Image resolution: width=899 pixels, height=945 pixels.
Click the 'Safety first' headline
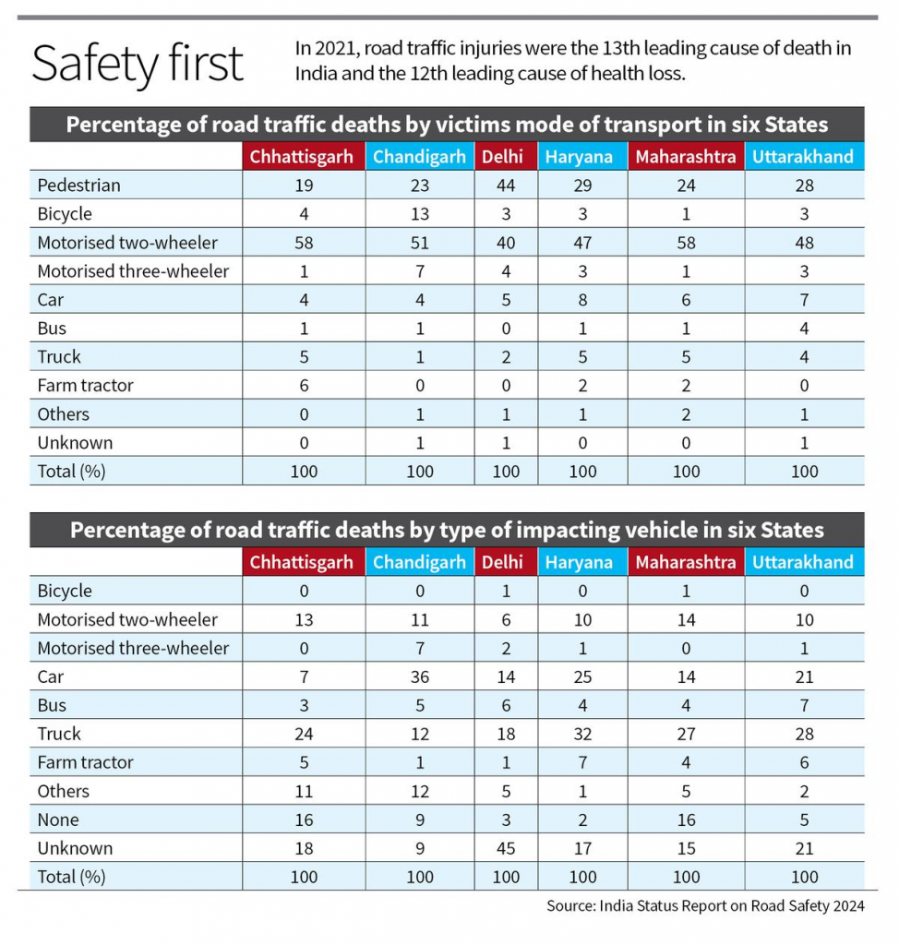138,64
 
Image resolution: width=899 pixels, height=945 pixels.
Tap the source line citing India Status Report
705,905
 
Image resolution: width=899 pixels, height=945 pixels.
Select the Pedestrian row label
79,185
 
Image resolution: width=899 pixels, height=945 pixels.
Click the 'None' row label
58,819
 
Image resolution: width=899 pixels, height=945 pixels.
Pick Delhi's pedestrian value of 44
506,185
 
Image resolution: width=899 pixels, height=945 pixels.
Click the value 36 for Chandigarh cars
420,676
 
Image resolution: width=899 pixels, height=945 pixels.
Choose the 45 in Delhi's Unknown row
506,848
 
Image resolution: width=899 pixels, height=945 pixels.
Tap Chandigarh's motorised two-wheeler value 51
420,243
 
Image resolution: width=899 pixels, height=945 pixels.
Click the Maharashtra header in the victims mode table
685,157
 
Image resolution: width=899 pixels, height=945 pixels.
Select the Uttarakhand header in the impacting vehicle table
803,562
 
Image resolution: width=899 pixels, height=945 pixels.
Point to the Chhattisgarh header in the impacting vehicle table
302,562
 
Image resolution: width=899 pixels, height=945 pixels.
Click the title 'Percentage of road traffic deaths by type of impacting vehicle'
447,531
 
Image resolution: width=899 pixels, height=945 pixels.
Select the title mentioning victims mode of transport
447,125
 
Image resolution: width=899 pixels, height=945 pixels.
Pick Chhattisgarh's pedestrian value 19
303,185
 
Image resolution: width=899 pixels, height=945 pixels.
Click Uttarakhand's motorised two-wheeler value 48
804,243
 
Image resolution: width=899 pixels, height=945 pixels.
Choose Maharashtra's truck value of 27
685,734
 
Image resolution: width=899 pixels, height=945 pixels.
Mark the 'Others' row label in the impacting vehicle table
64,791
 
